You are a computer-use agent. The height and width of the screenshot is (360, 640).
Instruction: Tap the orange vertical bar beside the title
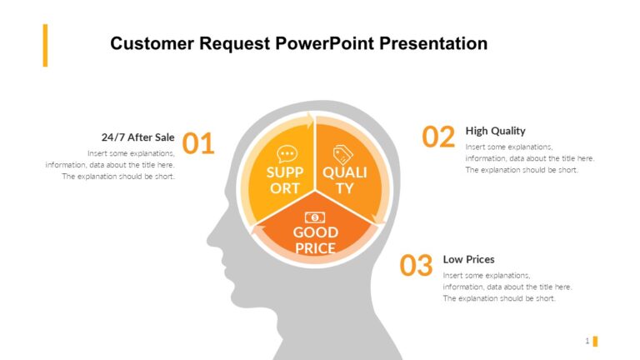click(x=46, y=45)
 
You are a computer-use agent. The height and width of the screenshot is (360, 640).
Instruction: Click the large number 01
click(x=198, y=144)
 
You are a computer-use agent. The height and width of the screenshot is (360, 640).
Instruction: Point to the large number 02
click(x=438, y=137)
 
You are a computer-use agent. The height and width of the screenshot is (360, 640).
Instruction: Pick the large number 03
click(x=416, y=266)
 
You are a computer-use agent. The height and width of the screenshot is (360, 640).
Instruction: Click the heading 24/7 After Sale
click(x=137, y=137)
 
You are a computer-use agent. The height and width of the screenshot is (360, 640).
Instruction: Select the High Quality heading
click(x=495, y=131)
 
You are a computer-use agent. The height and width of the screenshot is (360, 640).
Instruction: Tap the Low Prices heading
click(x=469, y=259)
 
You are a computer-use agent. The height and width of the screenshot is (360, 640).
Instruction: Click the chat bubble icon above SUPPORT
click(x=287, y=153)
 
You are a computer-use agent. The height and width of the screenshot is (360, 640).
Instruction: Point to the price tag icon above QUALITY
click(x=342, y=154)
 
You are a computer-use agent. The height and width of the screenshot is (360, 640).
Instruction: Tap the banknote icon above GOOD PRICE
click(x=314, y=217)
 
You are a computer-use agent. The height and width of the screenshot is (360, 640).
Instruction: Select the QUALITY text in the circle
click(x=344, y=180)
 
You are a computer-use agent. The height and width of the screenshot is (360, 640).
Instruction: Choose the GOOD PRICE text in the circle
click(x=315, y=240)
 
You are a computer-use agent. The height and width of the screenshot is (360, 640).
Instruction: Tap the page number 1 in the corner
click(x=587, y=341)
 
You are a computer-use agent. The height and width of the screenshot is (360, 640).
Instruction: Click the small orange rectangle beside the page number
click(x=595, y=341)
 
